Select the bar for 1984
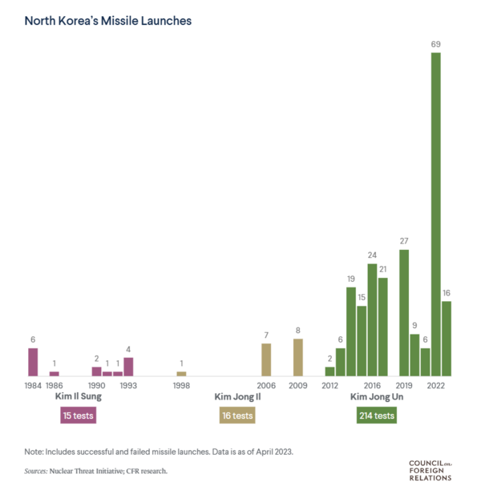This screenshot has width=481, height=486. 33,361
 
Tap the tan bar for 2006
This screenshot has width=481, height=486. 266,359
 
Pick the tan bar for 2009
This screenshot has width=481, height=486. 298,357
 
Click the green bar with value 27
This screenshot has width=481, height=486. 404,312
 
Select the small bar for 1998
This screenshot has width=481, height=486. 181,373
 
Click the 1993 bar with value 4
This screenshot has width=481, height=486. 128,367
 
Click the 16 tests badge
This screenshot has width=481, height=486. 237,416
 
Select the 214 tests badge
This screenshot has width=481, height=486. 377,416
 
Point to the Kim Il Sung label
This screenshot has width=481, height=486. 78,396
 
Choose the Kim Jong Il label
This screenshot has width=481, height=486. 238,396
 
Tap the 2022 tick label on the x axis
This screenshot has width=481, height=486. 436,385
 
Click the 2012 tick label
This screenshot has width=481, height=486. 329,385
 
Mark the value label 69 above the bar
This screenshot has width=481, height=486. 436,45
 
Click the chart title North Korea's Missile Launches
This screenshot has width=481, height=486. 107,20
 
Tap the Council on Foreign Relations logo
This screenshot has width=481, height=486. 430,470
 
